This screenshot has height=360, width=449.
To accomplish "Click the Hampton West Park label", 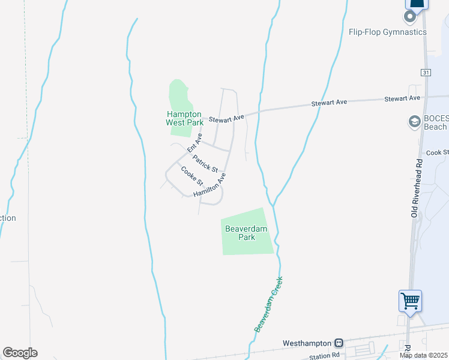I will pos(185,118).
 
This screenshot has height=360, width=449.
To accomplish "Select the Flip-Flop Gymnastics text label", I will pos(387,32).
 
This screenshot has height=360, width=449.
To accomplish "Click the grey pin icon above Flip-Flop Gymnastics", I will pos(411,16).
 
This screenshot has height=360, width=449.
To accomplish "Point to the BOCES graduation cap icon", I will pos(414,122).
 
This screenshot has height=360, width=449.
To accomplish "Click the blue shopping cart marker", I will pos(411,299).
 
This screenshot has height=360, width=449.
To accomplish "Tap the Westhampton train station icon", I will pos(339,343).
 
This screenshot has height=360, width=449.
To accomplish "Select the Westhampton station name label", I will pos(307,343).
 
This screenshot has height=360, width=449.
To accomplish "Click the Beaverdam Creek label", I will pos(268,304).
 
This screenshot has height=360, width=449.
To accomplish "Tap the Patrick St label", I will pos(205,163).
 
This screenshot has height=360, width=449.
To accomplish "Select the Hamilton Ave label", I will pos(213,186).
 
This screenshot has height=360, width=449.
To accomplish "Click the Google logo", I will pos(20,352).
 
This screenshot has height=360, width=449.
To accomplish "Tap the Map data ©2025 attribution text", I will pos(423,355).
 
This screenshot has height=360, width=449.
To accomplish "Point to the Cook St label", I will pos(437,153).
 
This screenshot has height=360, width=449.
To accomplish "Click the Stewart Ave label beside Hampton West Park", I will pos(226,119).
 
